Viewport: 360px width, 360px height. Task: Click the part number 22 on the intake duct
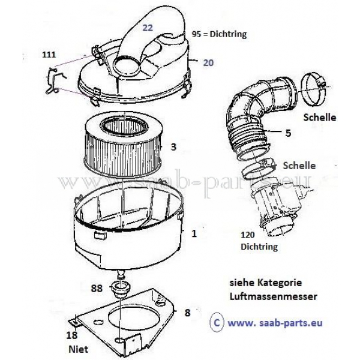148,28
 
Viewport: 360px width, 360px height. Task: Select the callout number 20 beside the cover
208,62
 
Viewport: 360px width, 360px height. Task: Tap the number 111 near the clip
49,55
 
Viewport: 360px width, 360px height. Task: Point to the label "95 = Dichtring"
219,34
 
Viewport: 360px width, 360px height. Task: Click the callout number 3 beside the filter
173,147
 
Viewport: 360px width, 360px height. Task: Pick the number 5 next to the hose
288,133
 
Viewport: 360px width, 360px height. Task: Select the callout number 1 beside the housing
194,233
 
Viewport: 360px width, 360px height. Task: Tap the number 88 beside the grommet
97,288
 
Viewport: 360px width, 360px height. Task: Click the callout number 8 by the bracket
188,313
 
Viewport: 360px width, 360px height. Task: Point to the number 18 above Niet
72,335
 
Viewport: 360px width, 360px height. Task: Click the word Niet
78,349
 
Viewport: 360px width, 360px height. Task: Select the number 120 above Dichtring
248,235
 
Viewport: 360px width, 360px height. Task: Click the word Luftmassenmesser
274,296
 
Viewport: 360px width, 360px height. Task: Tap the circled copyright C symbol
217,323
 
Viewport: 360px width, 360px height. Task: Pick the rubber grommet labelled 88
121,288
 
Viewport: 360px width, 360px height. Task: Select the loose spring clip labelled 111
55,80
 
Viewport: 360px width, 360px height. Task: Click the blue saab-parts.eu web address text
275,323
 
